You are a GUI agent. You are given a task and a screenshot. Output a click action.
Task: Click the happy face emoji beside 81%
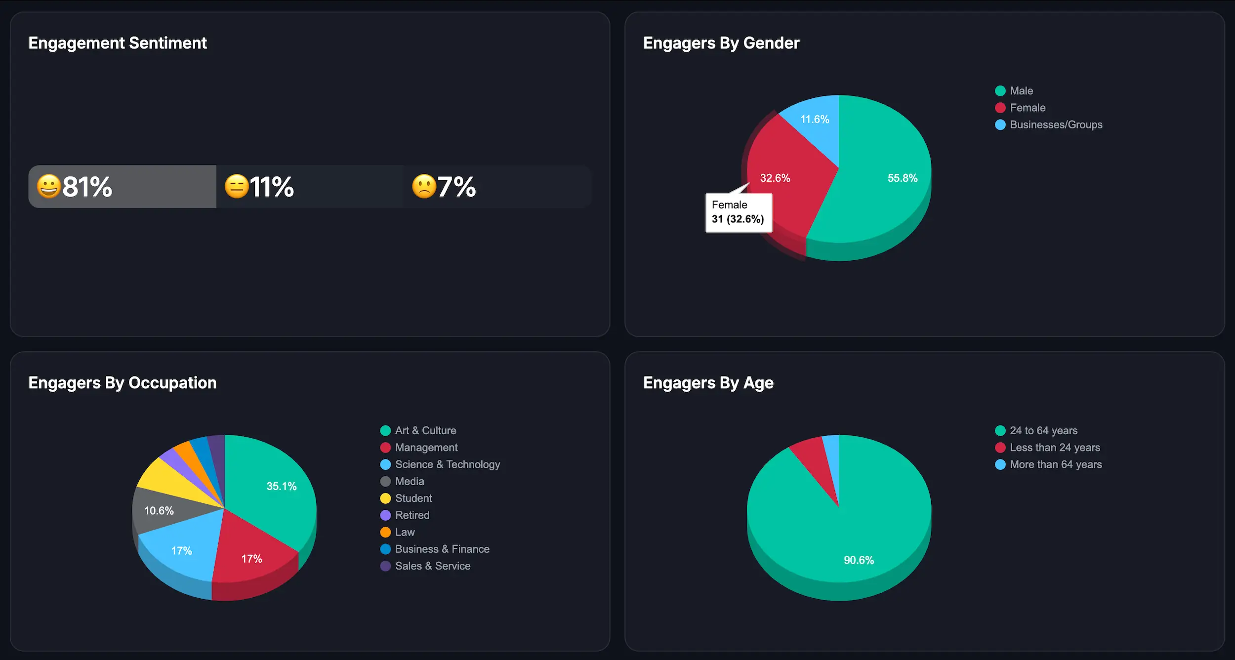(x=48, y=187)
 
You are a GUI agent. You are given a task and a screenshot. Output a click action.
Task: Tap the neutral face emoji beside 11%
(x=237, y=187)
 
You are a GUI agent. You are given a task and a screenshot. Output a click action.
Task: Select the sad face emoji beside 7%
(x=424, y=187)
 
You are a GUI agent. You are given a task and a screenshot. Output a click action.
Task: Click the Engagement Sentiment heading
(x=118, y=43)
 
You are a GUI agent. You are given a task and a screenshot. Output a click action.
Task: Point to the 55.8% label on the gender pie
(x=902, y=178)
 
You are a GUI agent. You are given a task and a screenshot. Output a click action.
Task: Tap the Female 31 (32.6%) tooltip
(x=739, y=212)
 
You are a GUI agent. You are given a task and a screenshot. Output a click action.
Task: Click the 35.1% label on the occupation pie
(x=282, y=486)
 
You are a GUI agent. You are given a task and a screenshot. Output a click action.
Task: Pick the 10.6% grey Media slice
(x=159, y=511)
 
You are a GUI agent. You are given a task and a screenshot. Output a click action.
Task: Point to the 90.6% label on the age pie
(x=859, y=560)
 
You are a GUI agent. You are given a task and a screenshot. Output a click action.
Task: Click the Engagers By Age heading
(x=708, y=383)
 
